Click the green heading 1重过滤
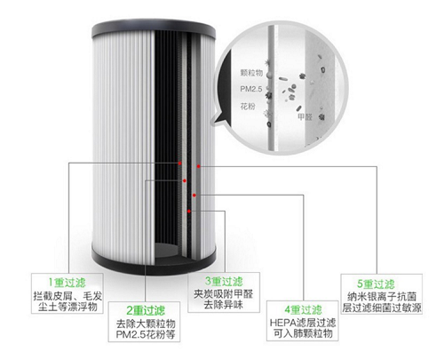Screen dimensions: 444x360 [67, 283]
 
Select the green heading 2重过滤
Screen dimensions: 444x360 [146, 310]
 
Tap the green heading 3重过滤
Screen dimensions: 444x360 [224, 281]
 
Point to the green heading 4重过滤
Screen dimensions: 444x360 [303, 310]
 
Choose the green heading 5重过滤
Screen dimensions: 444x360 [376, 284]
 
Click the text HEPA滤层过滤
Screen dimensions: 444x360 [303, 323]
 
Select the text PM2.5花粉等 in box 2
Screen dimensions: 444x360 [146, 335]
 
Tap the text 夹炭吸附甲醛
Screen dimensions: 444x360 [224, 294]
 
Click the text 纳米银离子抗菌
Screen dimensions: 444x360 [382, 297]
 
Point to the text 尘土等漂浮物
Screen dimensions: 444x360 [67, 307]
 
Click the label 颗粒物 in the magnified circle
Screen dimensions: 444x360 [251, 73]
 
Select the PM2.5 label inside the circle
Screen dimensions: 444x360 [251, 89]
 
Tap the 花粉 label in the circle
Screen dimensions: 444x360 [248, 106]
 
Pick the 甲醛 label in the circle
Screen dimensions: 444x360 [305, 117]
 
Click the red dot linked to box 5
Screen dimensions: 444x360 [199, 166]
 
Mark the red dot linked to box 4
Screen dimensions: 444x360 [194, 195]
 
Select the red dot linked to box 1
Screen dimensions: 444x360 [179, 164]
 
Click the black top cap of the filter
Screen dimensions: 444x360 [154, 30]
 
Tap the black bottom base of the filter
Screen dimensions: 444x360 [154, 260]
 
